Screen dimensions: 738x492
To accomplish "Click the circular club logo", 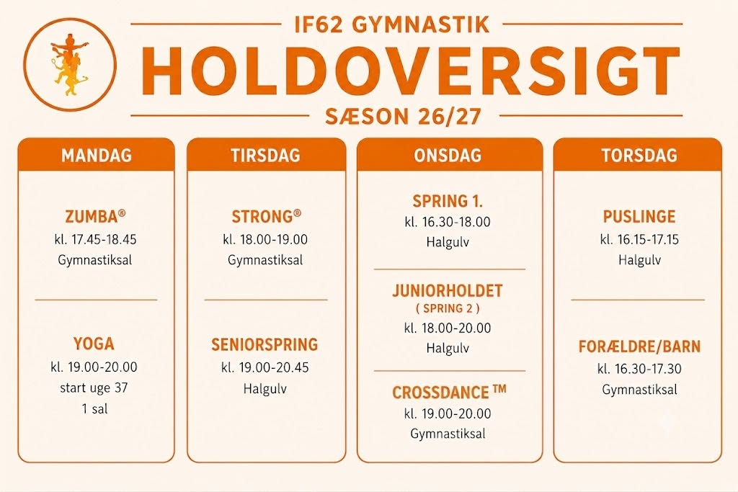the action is click(x=70, y=64).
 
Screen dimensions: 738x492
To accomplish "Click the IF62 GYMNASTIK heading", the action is click(x=392, y=25).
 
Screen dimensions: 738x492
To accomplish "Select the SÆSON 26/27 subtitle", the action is click(x=404, y=116).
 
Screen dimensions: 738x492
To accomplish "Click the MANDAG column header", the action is click(x=97, y=155).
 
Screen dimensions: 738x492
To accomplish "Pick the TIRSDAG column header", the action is click(x=266, y=155).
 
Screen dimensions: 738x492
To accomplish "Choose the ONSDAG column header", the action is click(x=448, y=155).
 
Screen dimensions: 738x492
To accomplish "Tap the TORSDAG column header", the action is click(x=639, y=155).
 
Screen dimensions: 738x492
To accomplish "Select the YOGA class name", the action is click(x=94, y=344).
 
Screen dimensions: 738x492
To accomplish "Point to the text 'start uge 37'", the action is click(x=94, y=388).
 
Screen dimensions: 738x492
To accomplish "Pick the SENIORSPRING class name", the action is click(x=264, y=345).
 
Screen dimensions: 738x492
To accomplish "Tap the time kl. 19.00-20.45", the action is click(x=265, y=367).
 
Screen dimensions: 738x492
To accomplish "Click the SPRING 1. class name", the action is click(x=448, y=201).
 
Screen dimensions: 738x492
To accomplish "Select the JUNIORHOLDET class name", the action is click(x=448, y=291).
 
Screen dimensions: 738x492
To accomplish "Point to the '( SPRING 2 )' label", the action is click(x=448, y=308).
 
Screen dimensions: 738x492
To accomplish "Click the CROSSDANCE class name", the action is click(x=449, y=393).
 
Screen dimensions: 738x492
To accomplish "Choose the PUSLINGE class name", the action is click(x=639, y=216).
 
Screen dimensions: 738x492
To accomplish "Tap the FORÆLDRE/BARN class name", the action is click(x=640, y=346).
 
